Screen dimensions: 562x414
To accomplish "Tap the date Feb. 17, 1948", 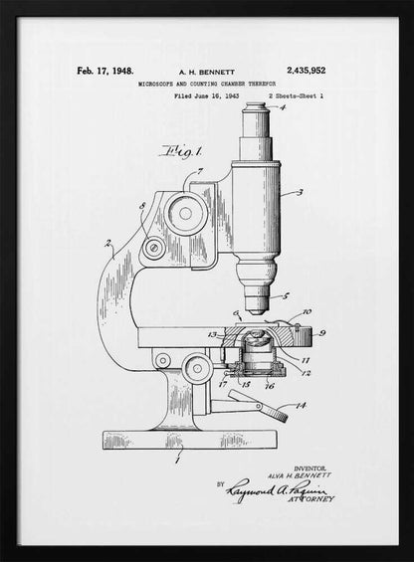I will tap(104, 72).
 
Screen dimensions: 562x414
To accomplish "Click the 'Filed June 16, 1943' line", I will tap(206, 97).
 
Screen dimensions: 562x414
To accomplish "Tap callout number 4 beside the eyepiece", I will tap(282, 108).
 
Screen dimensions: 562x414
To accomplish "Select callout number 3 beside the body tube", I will tap(300, 192).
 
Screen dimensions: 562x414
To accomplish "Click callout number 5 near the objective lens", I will tap(287, 296).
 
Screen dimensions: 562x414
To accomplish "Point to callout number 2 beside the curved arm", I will tap(107, 242).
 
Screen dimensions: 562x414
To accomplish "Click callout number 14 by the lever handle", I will tap(302, 405).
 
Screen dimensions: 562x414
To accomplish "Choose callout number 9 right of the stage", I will tap(322, 333).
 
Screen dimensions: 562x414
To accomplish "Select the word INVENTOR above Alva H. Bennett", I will tap(312, 466).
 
